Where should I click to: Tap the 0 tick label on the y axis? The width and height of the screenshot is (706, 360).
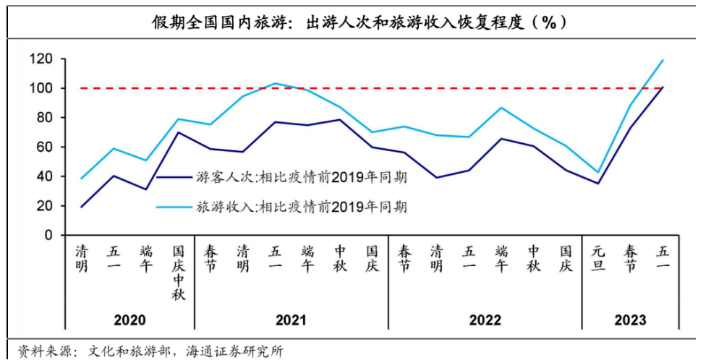(48, 236)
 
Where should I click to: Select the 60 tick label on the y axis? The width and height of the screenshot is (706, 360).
(44, 147)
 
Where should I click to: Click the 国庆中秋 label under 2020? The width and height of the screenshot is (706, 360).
(179, 273)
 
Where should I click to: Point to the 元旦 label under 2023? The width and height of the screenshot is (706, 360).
(598, 259)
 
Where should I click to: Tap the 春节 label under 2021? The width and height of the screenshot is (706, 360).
(210, 259)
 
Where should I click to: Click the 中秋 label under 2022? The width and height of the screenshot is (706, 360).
(534, 259)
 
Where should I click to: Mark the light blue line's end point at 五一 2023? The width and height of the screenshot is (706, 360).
(663, 60)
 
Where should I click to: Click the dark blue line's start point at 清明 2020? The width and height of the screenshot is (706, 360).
(81, 207)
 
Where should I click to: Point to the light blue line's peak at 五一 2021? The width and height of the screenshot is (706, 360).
(275, 83)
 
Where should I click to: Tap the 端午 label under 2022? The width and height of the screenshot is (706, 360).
(501, 259)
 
